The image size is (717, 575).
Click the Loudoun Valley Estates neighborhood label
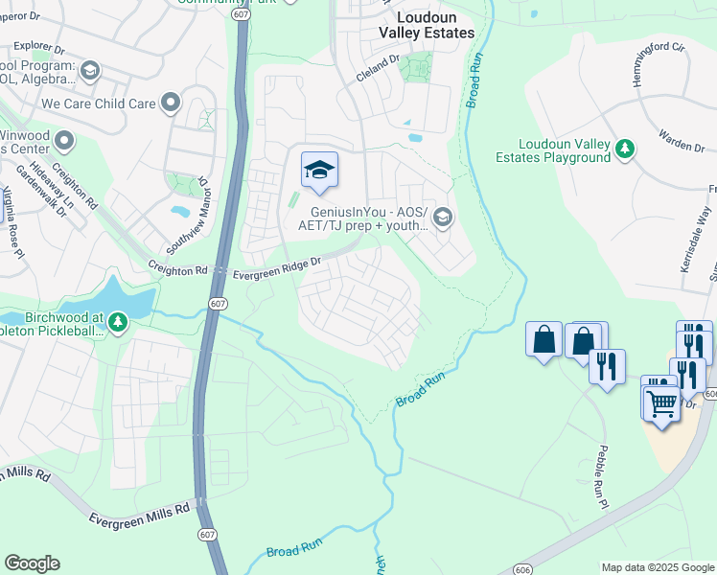click(x=427, y=25)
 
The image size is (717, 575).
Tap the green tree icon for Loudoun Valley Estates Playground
click(x=626, y=148)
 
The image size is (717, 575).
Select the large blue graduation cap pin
click(x=319, y=171)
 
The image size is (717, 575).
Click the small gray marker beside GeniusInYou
click(x=442, y=217)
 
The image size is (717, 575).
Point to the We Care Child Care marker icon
click(x=172, y=102)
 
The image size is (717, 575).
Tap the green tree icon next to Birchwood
click(x=117, y=321)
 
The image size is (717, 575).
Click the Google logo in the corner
click(x=32, y=563)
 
